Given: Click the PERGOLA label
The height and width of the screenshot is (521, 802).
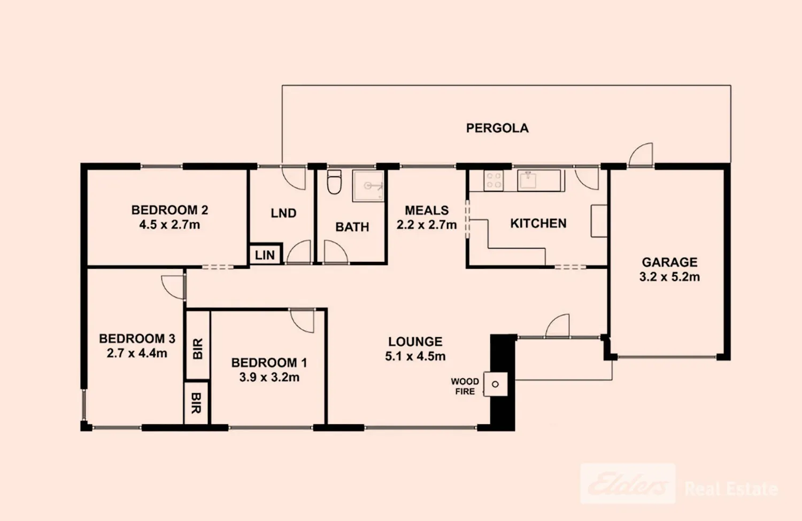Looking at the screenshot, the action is click(497, 128).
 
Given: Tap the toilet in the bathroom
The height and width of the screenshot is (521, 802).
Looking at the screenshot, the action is click(334, 182).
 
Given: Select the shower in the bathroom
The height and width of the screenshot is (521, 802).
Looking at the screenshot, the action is click(368, 186).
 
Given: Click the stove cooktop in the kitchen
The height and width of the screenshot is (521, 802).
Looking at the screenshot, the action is click(493, 180).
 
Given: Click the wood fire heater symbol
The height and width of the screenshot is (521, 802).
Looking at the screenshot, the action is click(495, 384).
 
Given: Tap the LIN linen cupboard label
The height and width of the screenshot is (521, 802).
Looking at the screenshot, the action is click(265, 255).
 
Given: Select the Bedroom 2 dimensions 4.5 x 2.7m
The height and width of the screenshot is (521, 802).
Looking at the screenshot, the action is click(169, 225).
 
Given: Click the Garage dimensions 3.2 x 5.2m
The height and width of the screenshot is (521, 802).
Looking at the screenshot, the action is click(669, 277).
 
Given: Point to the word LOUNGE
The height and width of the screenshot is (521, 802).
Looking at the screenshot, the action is click(415, 341).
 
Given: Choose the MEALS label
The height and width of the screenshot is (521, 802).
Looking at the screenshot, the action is click(427, 210).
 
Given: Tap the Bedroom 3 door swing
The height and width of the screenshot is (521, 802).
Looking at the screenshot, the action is click(173, 286).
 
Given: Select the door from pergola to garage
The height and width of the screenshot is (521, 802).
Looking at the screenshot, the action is click(641, 155).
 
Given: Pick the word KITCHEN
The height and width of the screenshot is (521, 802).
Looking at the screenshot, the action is click(538, 223).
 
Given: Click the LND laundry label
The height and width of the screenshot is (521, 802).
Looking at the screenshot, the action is click(283, 213).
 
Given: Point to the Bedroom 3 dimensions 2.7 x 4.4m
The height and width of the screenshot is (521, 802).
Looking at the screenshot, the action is click(137, 353).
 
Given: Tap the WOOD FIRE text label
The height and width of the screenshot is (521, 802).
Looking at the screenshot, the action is click(465, 386).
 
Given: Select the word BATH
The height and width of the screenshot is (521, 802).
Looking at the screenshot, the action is click(352, 227).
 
